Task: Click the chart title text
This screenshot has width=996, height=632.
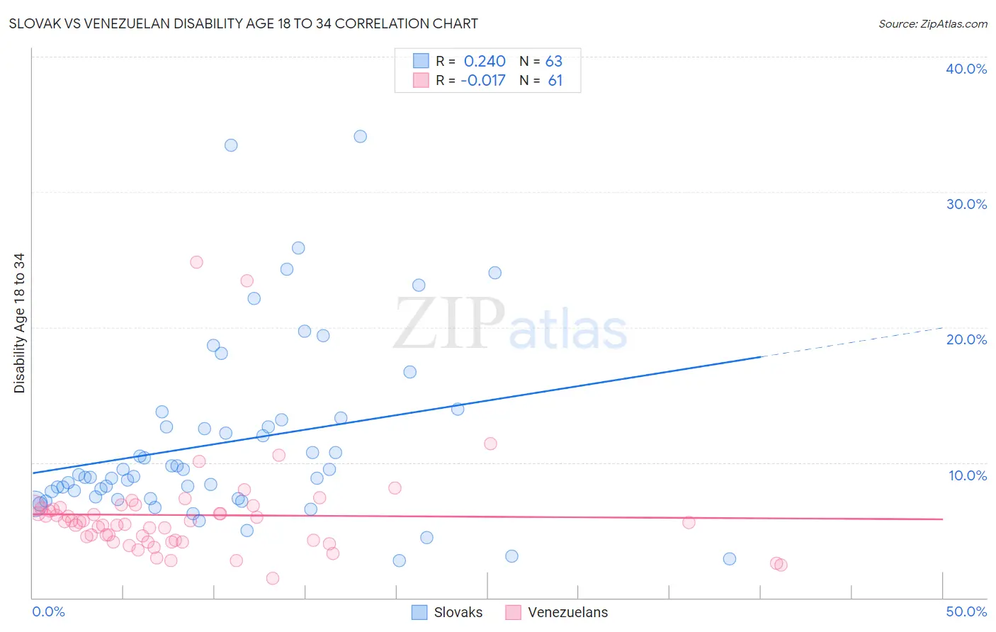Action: [x=243, y=23]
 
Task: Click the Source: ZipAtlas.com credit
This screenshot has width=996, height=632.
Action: [x=932, y=23]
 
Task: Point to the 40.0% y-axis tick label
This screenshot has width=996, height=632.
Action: [x=966, y=69]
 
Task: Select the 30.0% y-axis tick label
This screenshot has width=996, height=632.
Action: [x=966, y=204]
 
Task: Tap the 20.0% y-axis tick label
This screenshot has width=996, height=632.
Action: [x=966, y=339]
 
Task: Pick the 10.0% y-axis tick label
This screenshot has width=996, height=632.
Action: [x=967, y=475]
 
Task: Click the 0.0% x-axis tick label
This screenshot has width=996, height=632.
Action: [x=48, y=611]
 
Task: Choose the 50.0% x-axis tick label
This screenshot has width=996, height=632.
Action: [x=966, y=611]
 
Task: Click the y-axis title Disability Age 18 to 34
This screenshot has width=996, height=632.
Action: [x=19, y=323]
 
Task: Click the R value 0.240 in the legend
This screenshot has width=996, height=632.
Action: [x=485, y=62]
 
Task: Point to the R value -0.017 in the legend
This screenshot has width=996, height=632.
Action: [x=483, y=81]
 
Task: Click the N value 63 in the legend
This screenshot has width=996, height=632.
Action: [x=554, y=62]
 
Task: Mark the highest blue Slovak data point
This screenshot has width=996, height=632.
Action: [x=361, y=137]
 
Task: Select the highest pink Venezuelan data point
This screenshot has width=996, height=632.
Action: [x=197, y=262]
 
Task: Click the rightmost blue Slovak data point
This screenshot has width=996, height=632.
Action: [x=730, y=559]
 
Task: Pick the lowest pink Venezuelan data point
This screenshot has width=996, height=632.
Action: [x=273, y=578]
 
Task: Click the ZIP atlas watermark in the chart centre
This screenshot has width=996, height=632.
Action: [x=510, y=325]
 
